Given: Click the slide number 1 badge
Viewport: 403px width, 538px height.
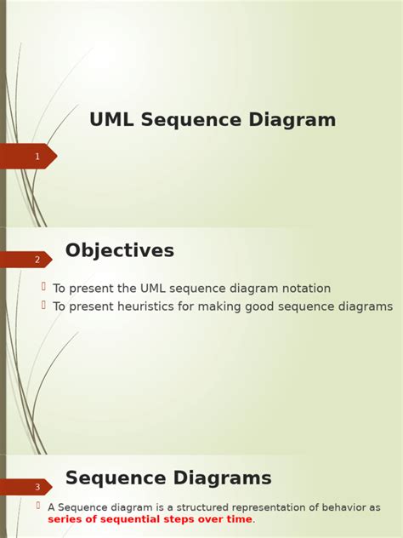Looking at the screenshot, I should coord(37,157).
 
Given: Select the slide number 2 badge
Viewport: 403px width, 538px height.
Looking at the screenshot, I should coord(37,260).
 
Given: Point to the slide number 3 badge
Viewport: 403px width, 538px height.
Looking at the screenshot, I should coord(37,487).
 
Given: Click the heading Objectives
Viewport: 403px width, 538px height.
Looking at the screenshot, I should coord(120,250).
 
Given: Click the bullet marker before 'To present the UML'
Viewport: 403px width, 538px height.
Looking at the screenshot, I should coord(43,288).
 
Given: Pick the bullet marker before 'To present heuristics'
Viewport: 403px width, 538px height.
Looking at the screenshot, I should coord(43,306).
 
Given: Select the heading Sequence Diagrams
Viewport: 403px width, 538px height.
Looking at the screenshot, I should coord(168,478).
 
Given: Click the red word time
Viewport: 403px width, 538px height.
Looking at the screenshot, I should coord(238,519).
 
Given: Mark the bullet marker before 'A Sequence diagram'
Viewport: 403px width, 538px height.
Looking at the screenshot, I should coord(38,506).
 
